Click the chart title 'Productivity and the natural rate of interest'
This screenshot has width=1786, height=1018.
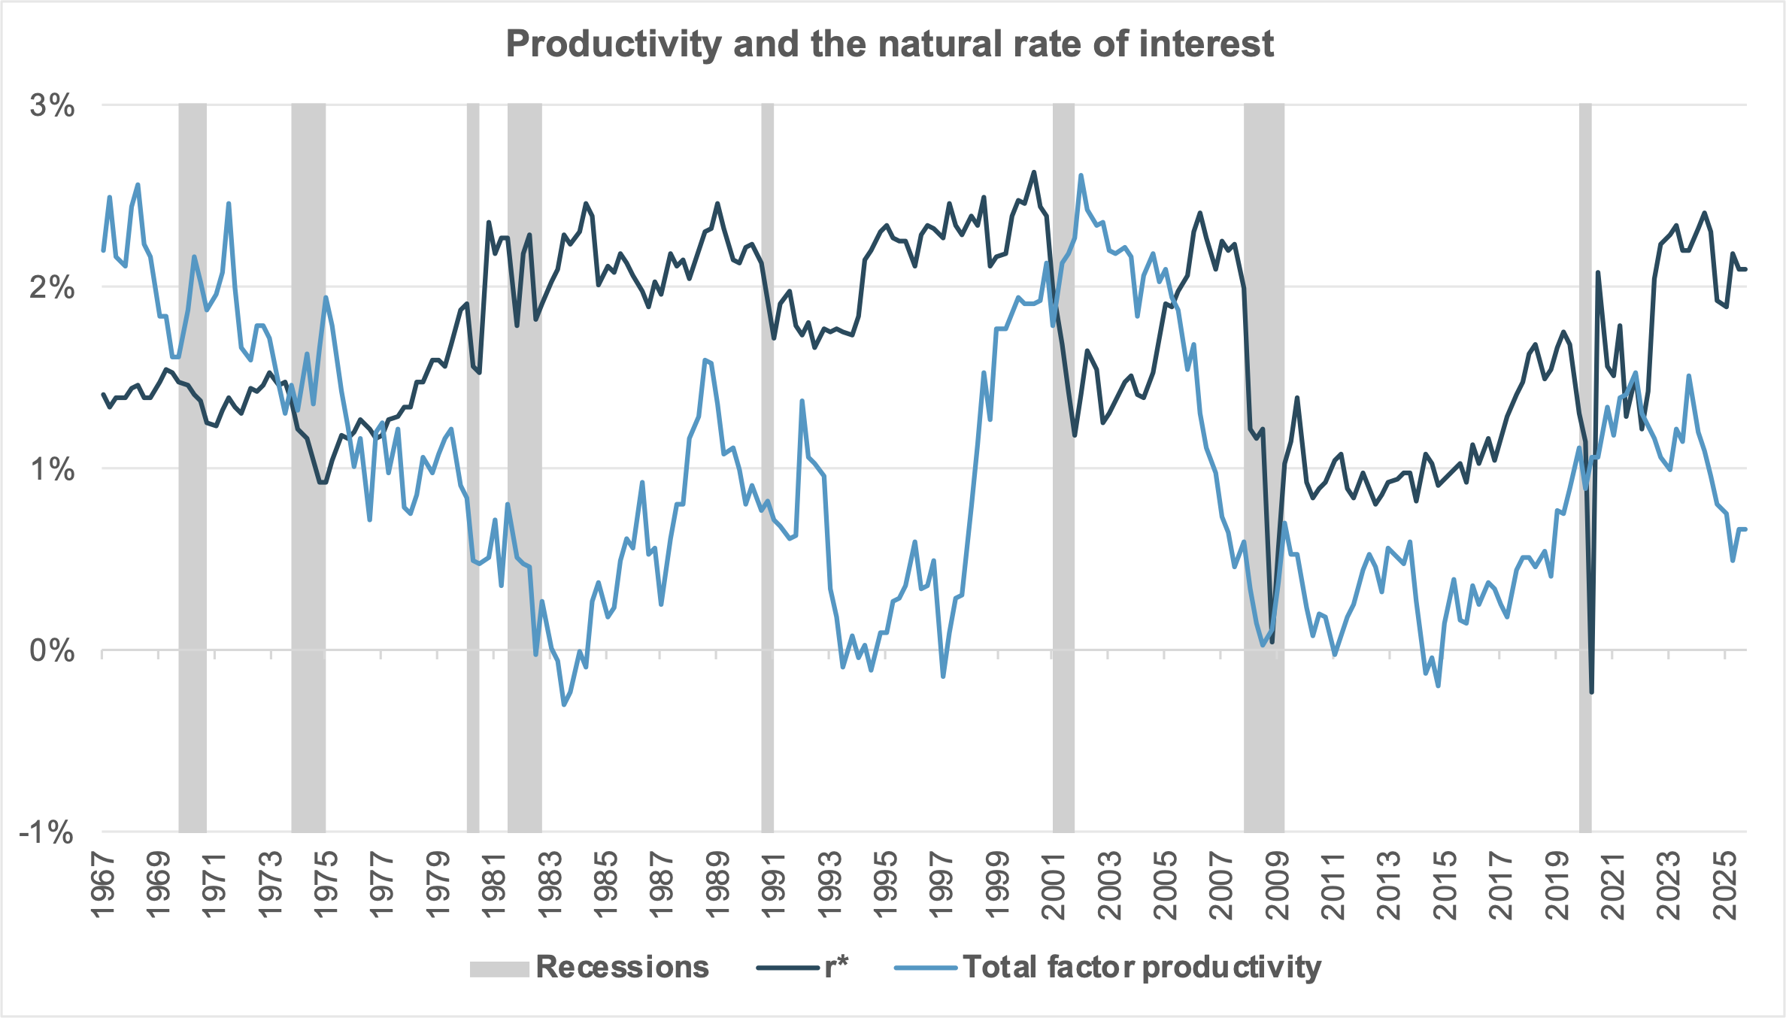pos(890,44)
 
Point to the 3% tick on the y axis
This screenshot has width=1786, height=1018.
pos(53,106)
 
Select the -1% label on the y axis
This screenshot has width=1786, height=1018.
pos(47,833)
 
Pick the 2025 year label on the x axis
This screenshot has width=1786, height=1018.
pos(1726,886)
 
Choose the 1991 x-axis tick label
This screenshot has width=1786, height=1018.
pos(773,886)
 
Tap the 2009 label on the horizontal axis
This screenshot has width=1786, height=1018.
pos(1277,886)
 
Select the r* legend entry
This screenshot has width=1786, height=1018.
pos(835,968)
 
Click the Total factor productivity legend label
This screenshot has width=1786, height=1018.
pos(1141,968)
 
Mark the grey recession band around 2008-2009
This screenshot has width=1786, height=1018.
pos(1263,466)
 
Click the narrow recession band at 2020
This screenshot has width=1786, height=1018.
pos(1584,466)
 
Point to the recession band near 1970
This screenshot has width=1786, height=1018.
pos(193,466)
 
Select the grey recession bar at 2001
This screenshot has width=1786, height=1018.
pos(1063,466)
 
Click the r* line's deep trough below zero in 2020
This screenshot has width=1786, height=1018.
pos(1591,691)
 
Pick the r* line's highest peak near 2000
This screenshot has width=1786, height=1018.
pos(1033,172)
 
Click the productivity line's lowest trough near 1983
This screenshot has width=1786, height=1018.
pos(564,704)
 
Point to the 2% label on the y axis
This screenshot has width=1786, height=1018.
pos(53,288)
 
